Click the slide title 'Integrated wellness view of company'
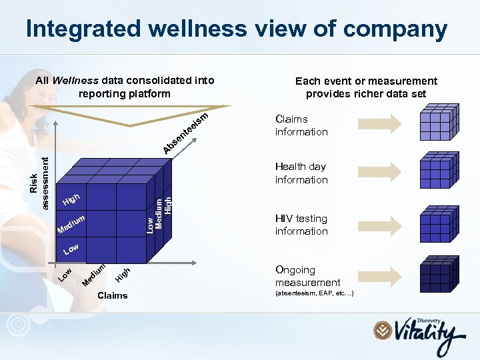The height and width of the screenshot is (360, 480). (x=236, y=29)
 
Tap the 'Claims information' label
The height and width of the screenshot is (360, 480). (x=301, y=125)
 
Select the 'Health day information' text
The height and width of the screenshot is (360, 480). (x=301, y=173)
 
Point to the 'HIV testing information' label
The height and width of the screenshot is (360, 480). (x=301, y=225)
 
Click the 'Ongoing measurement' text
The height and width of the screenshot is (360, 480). (x=307, y=276)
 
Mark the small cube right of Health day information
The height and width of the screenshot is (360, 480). (x=438, y=173)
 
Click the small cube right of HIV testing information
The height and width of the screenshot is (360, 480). (x=438, y=224)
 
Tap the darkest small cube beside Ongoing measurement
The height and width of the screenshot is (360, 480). (x=438, y=275)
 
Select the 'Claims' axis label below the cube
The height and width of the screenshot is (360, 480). (x=112, y=295)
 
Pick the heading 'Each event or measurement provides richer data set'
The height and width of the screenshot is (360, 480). (x=366, y=87)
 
